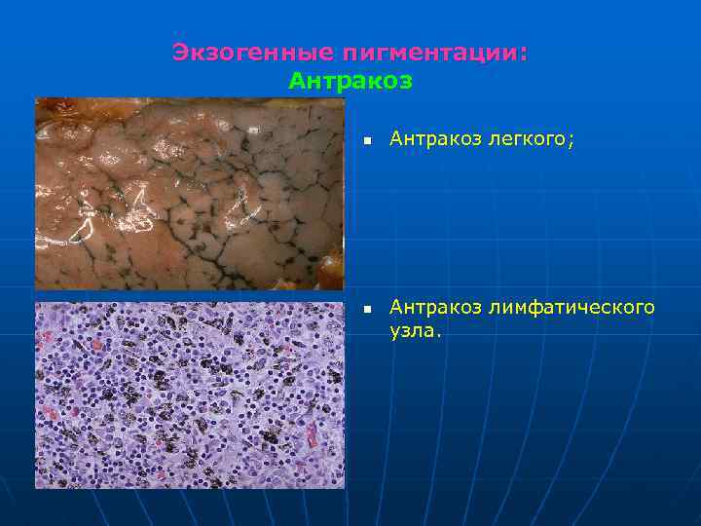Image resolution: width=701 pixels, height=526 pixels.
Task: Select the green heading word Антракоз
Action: tap(350, 81)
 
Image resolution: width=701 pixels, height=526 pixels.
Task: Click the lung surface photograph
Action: tap(189, 194)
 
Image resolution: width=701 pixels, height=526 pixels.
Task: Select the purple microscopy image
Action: tap(189, 394)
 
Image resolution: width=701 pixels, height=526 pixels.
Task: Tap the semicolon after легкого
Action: tap(572, 142)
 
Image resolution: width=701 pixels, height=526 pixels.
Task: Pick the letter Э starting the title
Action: tap(180, 53)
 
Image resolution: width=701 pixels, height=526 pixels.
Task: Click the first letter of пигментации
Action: tap(347, 53)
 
